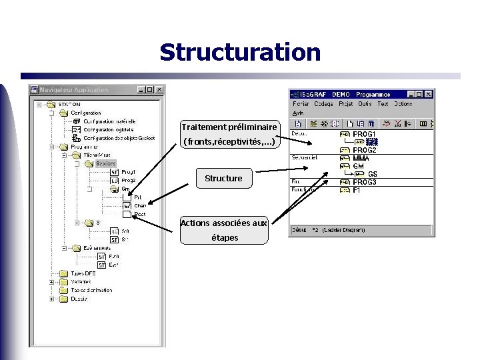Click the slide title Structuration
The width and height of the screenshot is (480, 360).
tap(240, 52)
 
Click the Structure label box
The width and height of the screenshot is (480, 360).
tap(223, 178)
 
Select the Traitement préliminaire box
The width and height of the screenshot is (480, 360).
tap(229, 134)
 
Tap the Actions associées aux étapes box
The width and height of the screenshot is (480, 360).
tap(224, 230)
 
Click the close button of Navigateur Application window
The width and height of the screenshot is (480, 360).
tap(159, 90)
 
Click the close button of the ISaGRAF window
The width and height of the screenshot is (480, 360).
tap(429, 95)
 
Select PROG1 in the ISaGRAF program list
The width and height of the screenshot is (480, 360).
tap(364, 134)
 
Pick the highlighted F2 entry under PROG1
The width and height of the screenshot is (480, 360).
tap(372, 142)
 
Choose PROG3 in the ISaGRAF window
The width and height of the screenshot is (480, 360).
tap(364, 182)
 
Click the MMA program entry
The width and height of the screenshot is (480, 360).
tap(361, 158)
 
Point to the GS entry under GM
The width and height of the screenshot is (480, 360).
tap(372, 174)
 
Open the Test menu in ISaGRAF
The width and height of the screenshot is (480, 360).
tap(383, 104)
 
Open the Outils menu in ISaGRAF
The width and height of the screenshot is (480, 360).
tap(365, 104)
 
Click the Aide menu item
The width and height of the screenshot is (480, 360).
tap(298, 113)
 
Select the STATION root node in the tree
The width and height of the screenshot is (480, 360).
tap(69, 104)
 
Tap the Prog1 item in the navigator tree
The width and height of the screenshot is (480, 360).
tap(128, 172)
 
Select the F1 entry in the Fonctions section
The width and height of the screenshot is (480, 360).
tap(357, 190)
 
